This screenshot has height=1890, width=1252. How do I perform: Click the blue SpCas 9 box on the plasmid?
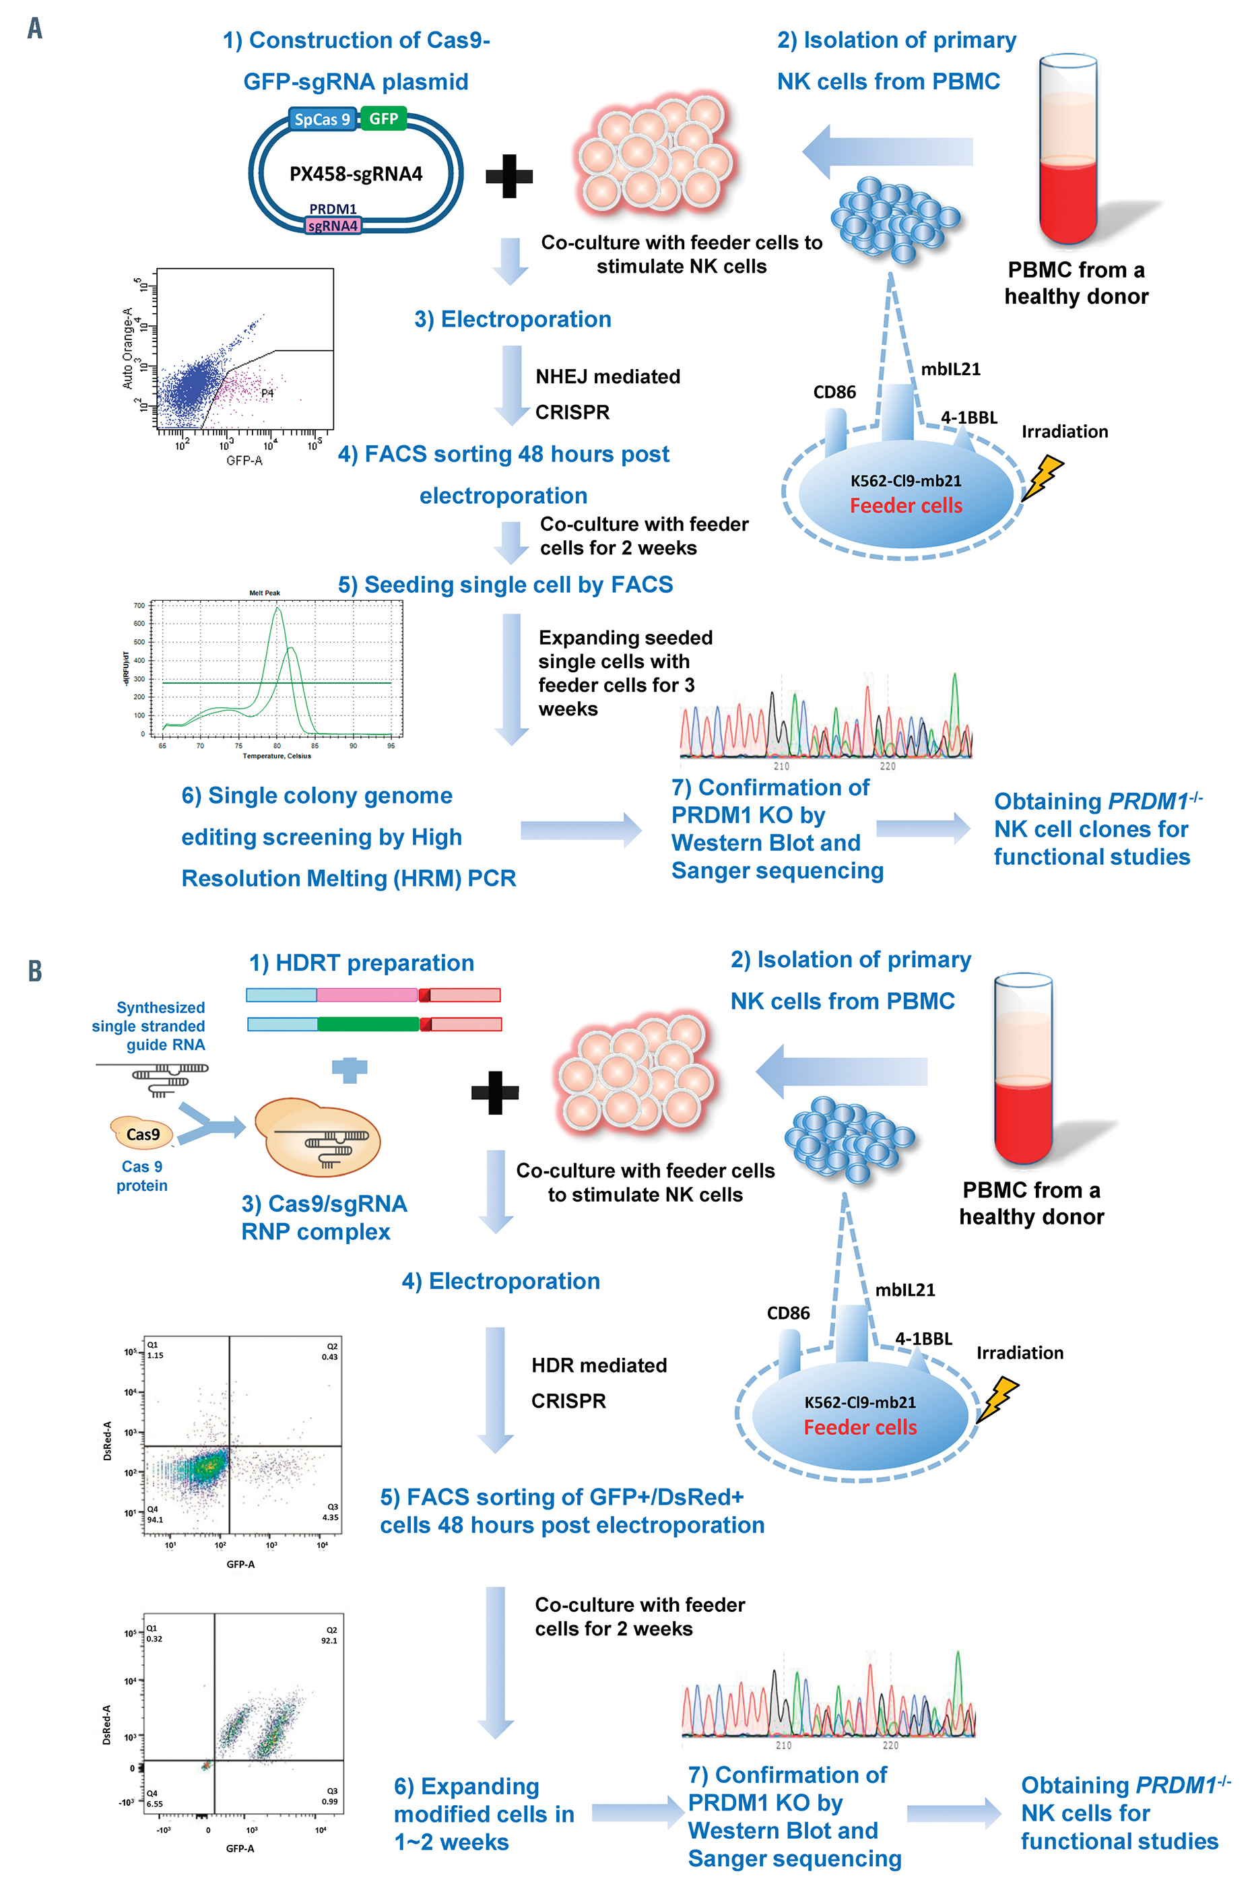click(x=322, y=120)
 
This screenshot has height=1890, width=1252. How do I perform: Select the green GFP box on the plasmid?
click(x=383, y=119)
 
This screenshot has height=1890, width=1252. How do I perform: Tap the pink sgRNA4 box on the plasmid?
click(x=333, y=226)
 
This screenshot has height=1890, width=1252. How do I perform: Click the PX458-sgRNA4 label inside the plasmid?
click(x=356, y=174)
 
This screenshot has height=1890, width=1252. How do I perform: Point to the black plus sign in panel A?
click(x=508, y=176)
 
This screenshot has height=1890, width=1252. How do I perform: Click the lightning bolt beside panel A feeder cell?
click(x=1043, y=477)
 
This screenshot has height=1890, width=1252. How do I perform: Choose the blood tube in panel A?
click(x=1067, y=152)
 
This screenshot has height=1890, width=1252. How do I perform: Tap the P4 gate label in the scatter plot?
click(x=267, y=393)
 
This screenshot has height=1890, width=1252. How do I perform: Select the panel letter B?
click(x=34, y=971)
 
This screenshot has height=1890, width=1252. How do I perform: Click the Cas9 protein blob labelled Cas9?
click(x=142, y=1134)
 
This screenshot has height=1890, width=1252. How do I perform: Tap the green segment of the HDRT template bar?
click(x=368, y=1024)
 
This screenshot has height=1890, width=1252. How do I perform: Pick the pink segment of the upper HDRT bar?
click(x=366, y=995)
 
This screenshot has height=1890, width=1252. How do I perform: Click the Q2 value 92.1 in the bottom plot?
click(x=329, y=1640)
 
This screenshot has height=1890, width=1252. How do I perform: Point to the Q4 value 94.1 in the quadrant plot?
click(x=155, y=1520)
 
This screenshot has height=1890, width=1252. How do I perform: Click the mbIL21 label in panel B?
click(x=904, y=1290)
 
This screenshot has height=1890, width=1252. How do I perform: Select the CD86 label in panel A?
click(x=834, y=392)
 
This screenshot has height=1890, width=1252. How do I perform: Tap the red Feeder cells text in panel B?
click(x=860, y=1427)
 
